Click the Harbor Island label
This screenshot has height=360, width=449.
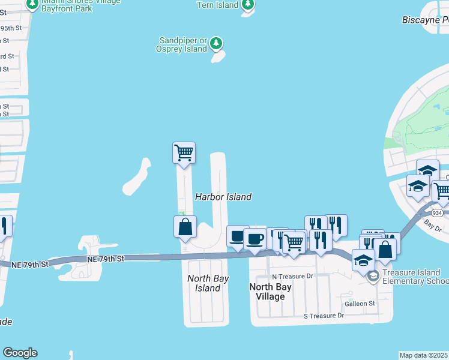click(x=223, y=197)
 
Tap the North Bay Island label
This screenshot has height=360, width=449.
click(x=203, y=283)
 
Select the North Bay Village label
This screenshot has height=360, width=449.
click(x=270, y=292)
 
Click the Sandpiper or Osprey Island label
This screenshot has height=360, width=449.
click(x=182, y=44)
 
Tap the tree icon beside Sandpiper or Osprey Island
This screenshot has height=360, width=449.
click(x=217, y=44)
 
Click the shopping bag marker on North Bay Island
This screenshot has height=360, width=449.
click(x=185, y=227)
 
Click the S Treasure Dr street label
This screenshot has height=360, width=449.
click(x=324, y=316)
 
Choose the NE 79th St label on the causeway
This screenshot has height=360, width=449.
click(x=105, y=259)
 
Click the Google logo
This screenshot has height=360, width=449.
click(x=20, y=353)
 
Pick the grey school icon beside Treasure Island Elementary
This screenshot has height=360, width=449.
click(x=373, y=276)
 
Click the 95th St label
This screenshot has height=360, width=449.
click(x=11, y=28)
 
